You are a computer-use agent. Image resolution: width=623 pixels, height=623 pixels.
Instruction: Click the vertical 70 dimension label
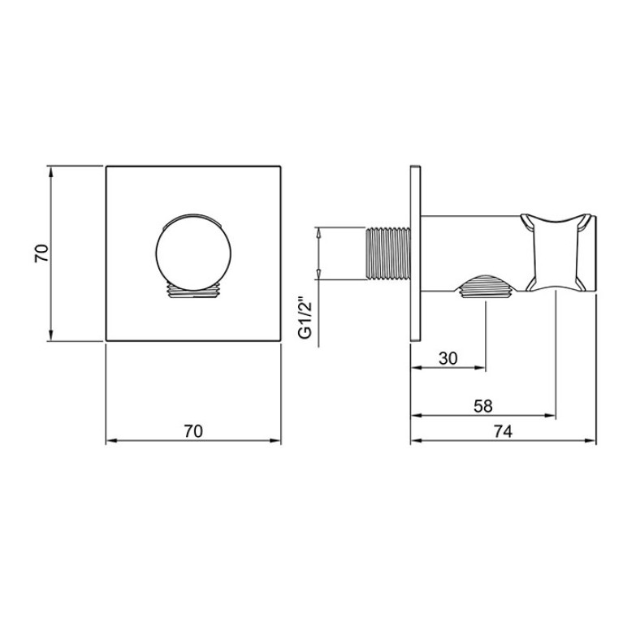click(x=41, y=253)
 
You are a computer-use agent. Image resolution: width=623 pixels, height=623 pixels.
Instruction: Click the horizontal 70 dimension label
click(x=193, y=431)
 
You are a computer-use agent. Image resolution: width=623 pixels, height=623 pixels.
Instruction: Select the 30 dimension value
click(x=448, y=358)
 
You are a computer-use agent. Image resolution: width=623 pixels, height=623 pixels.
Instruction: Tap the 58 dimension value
click(x=483, y=406)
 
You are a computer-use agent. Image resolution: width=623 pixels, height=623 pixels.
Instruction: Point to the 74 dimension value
click(x=503, y=431)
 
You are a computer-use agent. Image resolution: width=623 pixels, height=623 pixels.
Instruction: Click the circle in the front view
click(x=193, y=252)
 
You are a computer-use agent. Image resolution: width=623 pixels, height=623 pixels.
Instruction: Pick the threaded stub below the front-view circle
click(x=193, y=290)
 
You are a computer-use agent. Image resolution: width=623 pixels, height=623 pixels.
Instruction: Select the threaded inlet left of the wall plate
click(x=387, y=253)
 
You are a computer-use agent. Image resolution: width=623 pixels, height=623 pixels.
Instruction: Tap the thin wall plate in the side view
click(x=415, y=253)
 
